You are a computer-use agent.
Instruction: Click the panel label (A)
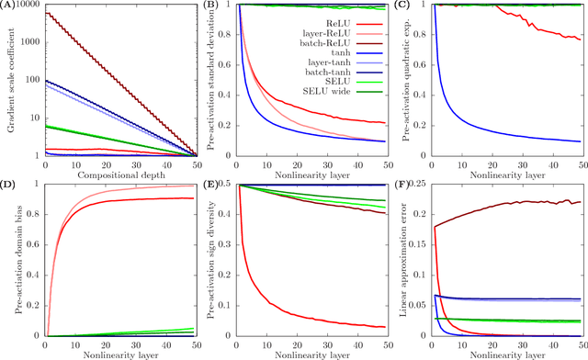click(x=12, y=6)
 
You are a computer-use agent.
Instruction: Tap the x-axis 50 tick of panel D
click(x=190, y=344)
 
